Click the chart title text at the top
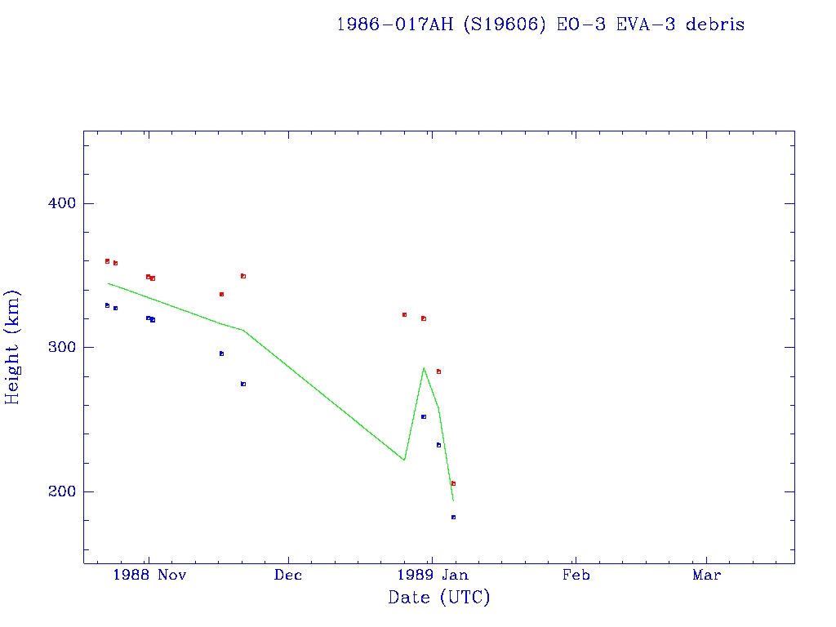pos(540,24)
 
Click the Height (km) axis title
pos(13,347)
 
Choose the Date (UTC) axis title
pos(439,598)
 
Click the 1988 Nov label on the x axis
pos(149,576)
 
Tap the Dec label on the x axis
pos(288,576)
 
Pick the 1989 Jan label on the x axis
pos(433,576)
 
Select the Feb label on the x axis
pos(576,576)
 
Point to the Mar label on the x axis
pos(706,576)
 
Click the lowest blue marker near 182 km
pos(453,517)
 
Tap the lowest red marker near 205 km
pos(453,483)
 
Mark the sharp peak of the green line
pos(424,368)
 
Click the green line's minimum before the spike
pos(404,460)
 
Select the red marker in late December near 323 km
pos(404,314)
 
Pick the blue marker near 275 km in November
pos(243,384)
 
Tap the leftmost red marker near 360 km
pos(107,261)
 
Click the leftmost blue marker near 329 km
pos(107,305)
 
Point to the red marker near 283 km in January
pos(438,371)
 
